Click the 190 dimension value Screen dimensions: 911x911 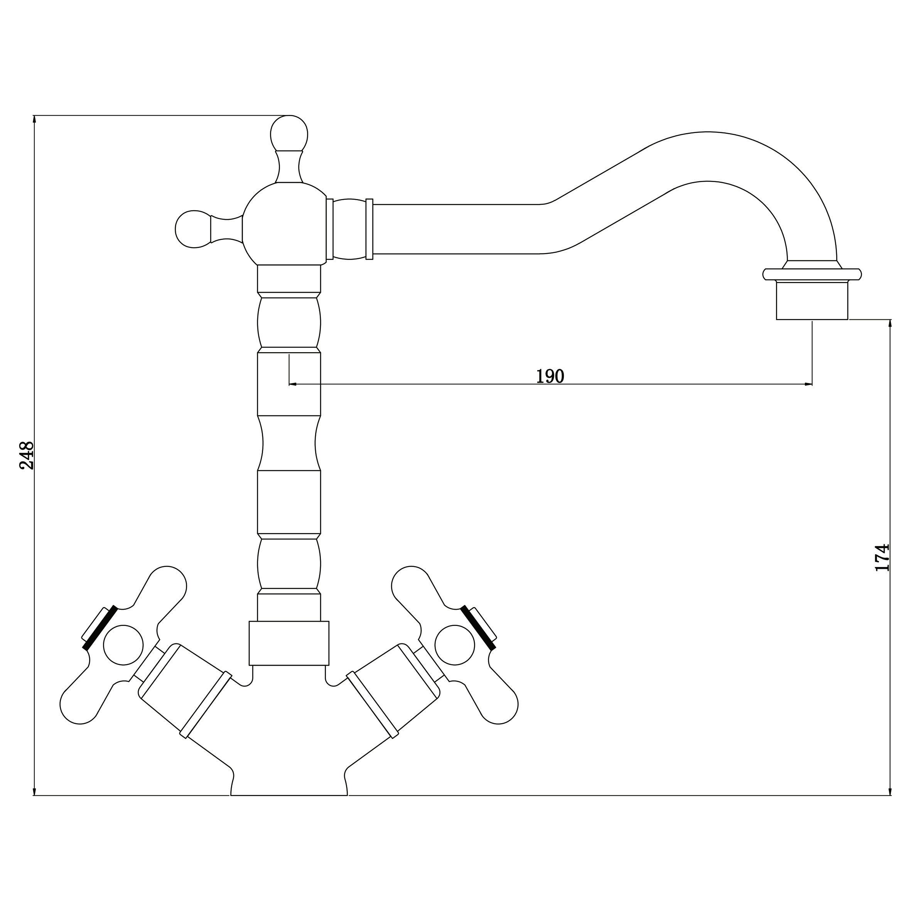click(550, 376)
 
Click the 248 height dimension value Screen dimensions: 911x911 click(26, 455)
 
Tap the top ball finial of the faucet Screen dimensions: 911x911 click(289, 133)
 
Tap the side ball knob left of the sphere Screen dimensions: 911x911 click(193, 229)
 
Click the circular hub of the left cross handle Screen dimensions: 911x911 click(123, 645)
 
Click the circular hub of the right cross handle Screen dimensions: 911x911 click(455, 645)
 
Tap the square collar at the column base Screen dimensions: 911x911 click(288, 643)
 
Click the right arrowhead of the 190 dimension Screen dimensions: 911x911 click(808, 384)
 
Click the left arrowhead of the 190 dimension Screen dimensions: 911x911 click(293, 384)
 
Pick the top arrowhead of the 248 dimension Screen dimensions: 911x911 click(34, 120)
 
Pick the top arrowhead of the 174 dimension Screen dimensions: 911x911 click(890, 324)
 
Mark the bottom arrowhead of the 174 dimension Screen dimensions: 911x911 click(890, 791)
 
